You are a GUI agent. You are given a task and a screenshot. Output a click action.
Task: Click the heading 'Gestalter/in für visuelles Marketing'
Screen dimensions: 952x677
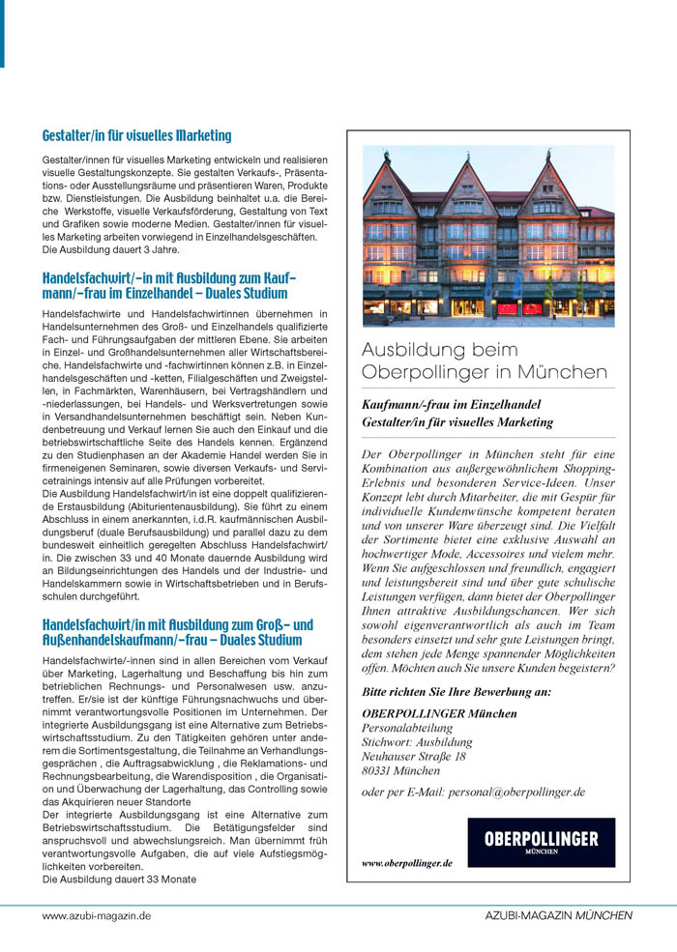click(x=136, y=136)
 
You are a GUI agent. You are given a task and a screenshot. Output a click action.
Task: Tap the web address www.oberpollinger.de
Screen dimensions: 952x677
click(x=406, y=863)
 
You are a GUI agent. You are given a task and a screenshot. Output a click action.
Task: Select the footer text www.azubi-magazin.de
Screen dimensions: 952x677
click(x=96, y=914)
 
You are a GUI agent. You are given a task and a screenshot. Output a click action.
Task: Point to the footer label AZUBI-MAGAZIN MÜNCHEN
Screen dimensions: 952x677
click(x=559, y=914)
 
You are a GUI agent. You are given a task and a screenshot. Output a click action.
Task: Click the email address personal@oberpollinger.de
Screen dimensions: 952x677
click(x=473, y=792)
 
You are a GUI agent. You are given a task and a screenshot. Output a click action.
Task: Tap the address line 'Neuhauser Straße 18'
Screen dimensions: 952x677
click(x=413, y=757)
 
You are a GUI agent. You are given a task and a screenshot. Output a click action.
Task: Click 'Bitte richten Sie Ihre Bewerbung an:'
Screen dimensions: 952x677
click(x=456, y=692)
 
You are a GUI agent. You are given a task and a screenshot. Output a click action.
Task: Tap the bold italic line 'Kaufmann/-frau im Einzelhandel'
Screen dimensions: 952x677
click(x=451, y=404)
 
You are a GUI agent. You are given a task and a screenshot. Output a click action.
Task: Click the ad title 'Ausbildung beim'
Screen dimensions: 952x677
click(x=440, y=350)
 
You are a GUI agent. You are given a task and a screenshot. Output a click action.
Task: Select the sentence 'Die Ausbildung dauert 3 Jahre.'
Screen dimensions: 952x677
click(x=111, y=249)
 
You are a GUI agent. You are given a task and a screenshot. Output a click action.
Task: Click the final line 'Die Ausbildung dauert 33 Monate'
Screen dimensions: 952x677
click(x=120, y=880)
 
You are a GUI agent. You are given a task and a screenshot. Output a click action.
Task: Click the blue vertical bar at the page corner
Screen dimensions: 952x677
click(x=2, y=34)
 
